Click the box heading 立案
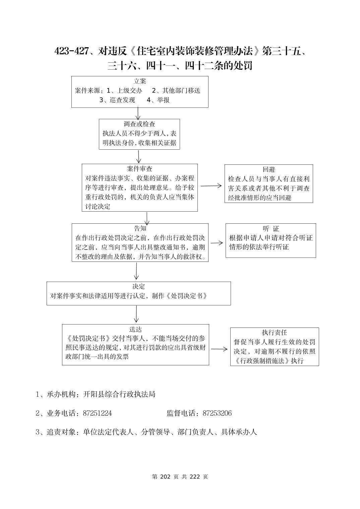point(140,81)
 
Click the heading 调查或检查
point(139,124)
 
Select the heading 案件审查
point(139,169)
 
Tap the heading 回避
point(268,169)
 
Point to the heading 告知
point(140,228)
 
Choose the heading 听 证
point(271,229)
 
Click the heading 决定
point(138,287)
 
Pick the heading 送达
point(135,329)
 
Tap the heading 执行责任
point(274,333)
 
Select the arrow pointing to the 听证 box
point(217,243)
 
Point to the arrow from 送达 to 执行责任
point(219,349)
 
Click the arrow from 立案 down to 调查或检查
point(138,113)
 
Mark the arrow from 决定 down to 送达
point(136,314)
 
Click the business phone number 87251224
point(97,413)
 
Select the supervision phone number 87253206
point(217,413)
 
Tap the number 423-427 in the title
point(71,51)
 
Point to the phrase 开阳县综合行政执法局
point(119,394)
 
